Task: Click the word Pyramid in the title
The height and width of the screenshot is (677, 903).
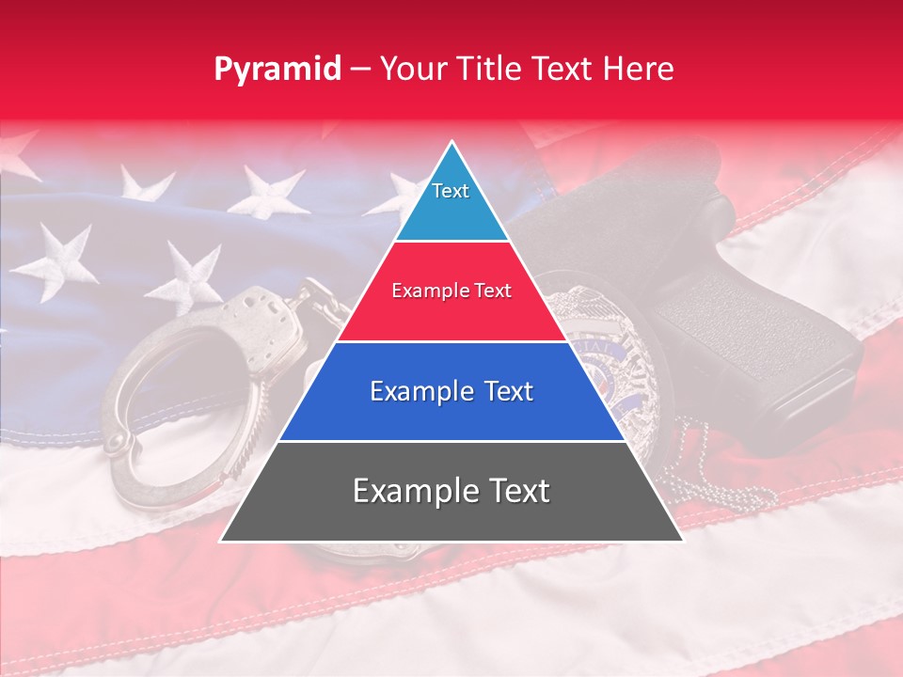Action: (x=277, y=70)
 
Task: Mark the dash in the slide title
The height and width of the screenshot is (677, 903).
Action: (x=359, y=70)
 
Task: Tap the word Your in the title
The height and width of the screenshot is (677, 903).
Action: (x=411, y=69)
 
